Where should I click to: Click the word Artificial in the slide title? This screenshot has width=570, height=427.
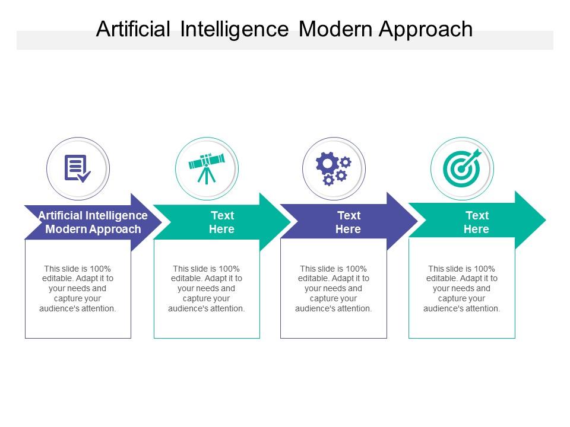click(133, 28)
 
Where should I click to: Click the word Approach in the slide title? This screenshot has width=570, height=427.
click(426, 30)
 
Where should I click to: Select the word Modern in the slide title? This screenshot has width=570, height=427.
click(335, 28)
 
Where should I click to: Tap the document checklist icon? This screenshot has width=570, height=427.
click(77, 168)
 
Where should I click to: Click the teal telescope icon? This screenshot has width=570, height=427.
click(207, 168)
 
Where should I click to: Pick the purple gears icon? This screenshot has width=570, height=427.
click(333, 169)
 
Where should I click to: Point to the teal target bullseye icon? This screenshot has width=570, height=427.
click(462, 168)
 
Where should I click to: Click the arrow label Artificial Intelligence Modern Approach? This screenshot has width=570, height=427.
click(93, 222)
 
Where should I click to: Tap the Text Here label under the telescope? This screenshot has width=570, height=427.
click(221, 222)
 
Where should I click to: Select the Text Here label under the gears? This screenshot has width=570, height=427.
click(349, 222)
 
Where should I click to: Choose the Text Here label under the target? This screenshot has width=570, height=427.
click(477, 222)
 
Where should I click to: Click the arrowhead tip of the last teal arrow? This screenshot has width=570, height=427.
click(546, 219)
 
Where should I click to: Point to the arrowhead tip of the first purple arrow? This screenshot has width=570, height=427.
click(161, 222)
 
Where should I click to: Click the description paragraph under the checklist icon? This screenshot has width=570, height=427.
click(77, 289)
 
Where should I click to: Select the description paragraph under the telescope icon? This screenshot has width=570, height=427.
click(207, 289)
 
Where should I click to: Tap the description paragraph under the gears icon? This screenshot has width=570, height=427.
click(333, 289)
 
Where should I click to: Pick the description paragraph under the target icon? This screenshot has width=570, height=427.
click(462, 289)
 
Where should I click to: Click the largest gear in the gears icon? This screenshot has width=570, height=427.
click(327, 164)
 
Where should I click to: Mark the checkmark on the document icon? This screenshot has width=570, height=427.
click(84, 177)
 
